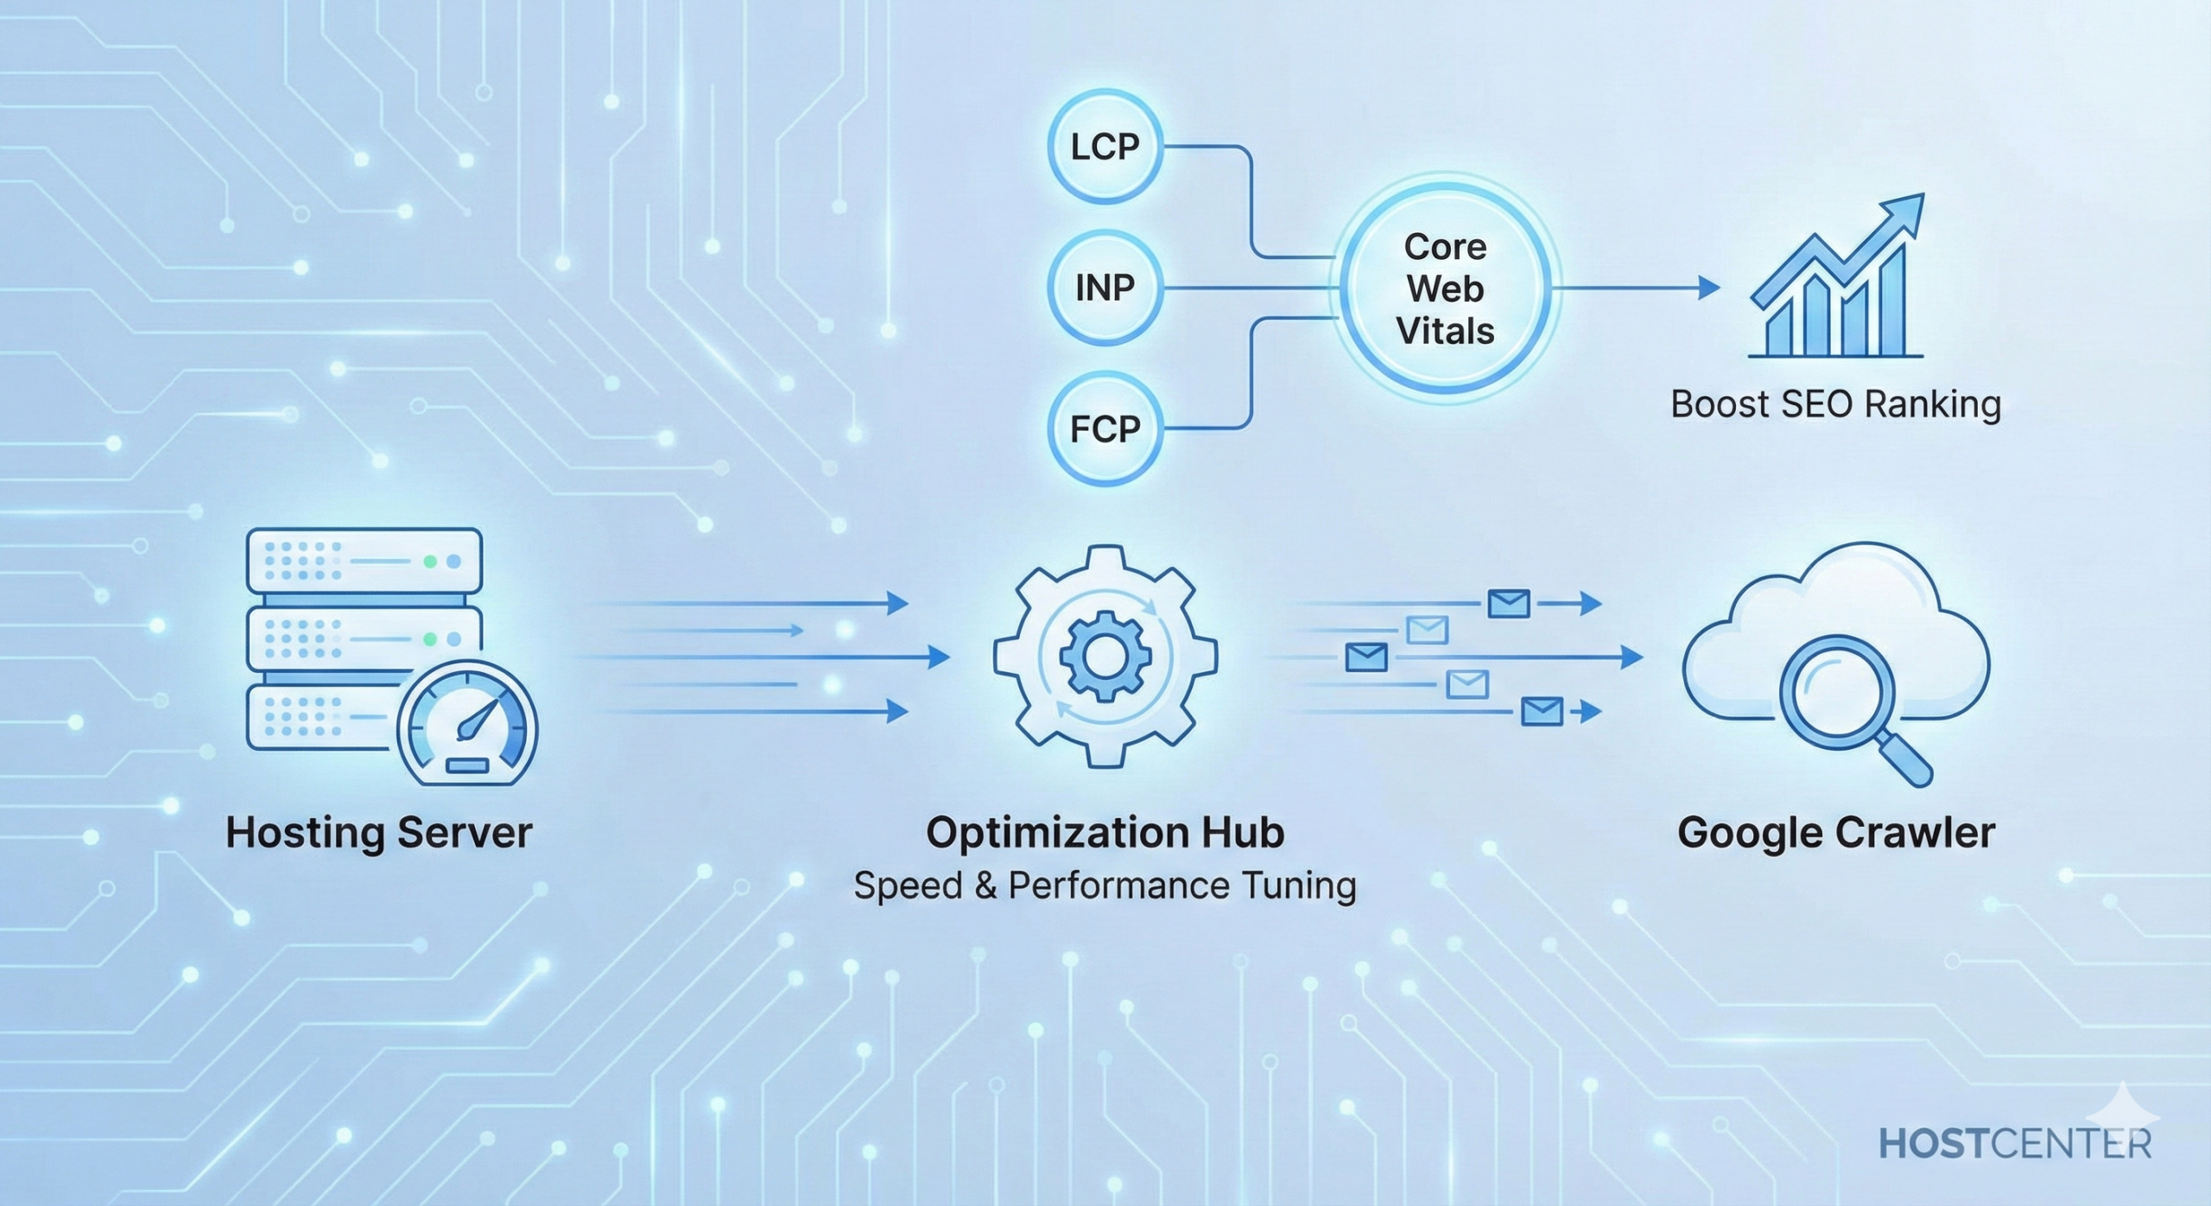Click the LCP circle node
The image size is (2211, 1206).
(x=1105, y=147)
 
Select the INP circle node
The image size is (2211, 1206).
(x=1105, y=287)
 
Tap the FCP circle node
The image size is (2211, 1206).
(x=1105, y=428)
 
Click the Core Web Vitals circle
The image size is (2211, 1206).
(x=1445, y=289)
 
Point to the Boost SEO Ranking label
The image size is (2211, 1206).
(x=1835, y=404)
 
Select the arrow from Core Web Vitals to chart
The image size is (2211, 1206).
(x=1632, y=288)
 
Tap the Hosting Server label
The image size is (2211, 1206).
(x=378, y=833)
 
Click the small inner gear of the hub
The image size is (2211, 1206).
(x=1105, y=657)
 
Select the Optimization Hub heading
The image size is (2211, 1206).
(x=1105, y=833)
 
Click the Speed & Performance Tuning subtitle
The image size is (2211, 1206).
(x=1105, y=886)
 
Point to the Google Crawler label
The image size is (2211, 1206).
(x=1835, y=833)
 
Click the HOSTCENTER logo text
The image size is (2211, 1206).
(x=2015, y=1144)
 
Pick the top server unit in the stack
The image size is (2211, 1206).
(x=364, y=561)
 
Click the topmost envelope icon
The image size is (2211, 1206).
(x=1509, y=603)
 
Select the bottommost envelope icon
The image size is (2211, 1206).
(x=1542, y=712)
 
